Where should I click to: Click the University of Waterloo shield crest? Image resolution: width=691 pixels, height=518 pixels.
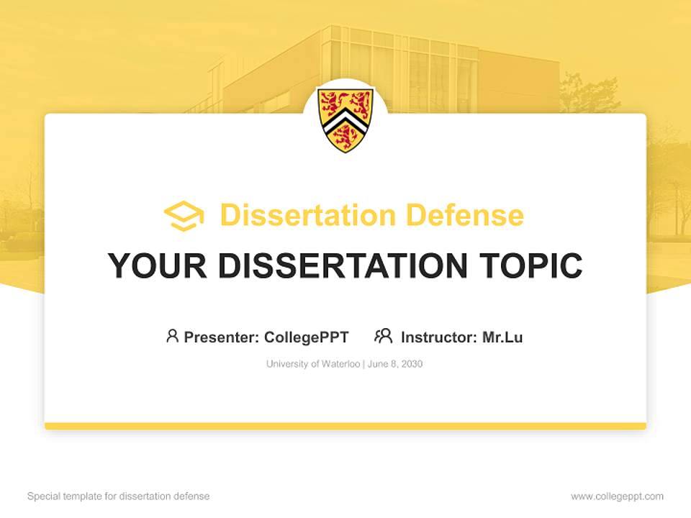click(345, 119)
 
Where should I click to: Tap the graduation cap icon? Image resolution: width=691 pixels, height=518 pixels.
click(184, 216)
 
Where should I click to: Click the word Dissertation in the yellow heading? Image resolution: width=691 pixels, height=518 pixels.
click(307, 215)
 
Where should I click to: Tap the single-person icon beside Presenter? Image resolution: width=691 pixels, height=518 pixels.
click(172, 336)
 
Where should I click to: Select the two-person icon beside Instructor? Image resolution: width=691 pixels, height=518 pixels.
click(383, 336)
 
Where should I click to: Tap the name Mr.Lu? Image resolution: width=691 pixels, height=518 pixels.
click(502, 337)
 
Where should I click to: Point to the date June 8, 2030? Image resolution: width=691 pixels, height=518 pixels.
click(395, 364)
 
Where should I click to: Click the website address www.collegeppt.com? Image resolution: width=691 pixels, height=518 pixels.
click(617, 496)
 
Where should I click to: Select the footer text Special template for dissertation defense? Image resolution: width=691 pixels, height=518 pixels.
click(118, 496)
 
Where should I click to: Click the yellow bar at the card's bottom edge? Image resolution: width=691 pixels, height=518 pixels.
click(345, 426)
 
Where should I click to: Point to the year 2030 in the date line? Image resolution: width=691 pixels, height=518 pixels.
click(412, 364)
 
